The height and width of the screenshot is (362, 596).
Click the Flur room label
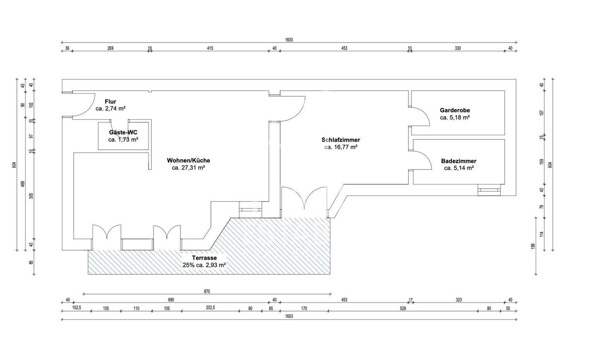tap(111, 101)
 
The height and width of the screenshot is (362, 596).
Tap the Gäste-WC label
tap(123, 132)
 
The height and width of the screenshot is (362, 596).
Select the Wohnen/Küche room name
tap(188, 161)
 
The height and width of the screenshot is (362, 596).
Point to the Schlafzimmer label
tap(341, 140)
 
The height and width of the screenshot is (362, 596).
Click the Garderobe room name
tap(454, 110)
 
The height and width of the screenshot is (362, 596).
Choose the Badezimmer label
tap(459, 161)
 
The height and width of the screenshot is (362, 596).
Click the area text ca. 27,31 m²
tap(188, 168)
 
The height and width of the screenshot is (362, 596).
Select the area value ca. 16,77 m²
tap(341, 147)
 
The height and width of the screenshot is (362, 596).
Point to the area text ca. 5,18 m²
tap(454, 117)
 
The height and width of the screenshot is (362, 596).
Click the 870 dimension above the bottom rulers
tap(207, 291)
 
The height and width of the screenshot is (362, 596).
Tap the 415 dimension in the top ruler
tap(210, 48)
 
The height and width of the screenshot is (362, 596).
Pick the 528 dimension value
tap(403, 308)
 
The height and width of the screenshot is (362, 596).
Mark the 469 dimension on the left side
tap(23, 183)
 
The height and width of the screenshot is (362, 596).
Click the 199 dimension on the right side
tap(533, 247)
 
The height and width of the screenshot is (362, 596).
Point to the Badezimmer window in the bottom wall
tap(489, 191)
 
